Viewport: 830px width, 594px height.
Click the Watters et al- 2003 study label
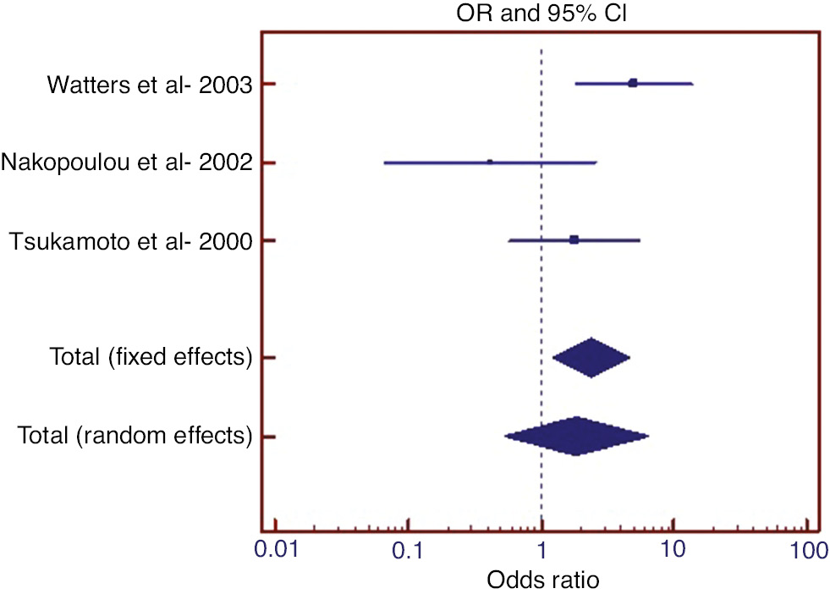(x=150, y=85)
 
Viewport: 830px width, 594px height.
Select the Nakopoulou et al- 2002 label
(x=127, y=162)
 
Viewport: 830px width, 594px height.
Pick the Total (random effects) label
(x=135, y=437)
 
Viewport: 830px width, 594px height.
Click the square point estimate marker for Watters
(x=633, y=83)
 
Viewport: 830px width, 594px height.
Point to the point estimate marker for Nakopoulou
(x=490, y=162)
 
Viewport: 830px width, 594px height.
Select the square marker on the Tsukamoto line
(x=574, y=240)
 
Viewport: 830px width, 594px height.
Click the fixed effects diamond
(x=591, y=358)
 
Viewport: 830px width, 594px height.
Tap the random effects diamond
(x=576, y=437)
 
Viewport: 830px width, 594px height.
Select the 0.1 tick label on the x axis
(x=409, y=551)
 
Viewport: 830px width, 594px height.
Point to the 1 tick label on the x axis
(x=541, y=551)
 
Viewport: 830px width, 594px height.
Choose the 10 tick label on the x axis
(x=673, y=551)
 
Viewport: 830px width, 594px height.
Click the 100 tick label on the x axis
(x=805, y=551)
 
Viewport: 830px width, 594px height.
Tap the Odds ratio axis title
(x=542, y=580)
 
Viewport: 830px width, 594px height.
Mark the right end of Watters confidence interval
(x=692, y=84)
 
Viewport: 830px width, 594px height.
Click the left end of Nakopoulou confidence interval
(x=385, y=162)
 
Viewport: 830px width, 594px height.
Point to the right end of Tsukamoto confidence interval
(x=640, y=241)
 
